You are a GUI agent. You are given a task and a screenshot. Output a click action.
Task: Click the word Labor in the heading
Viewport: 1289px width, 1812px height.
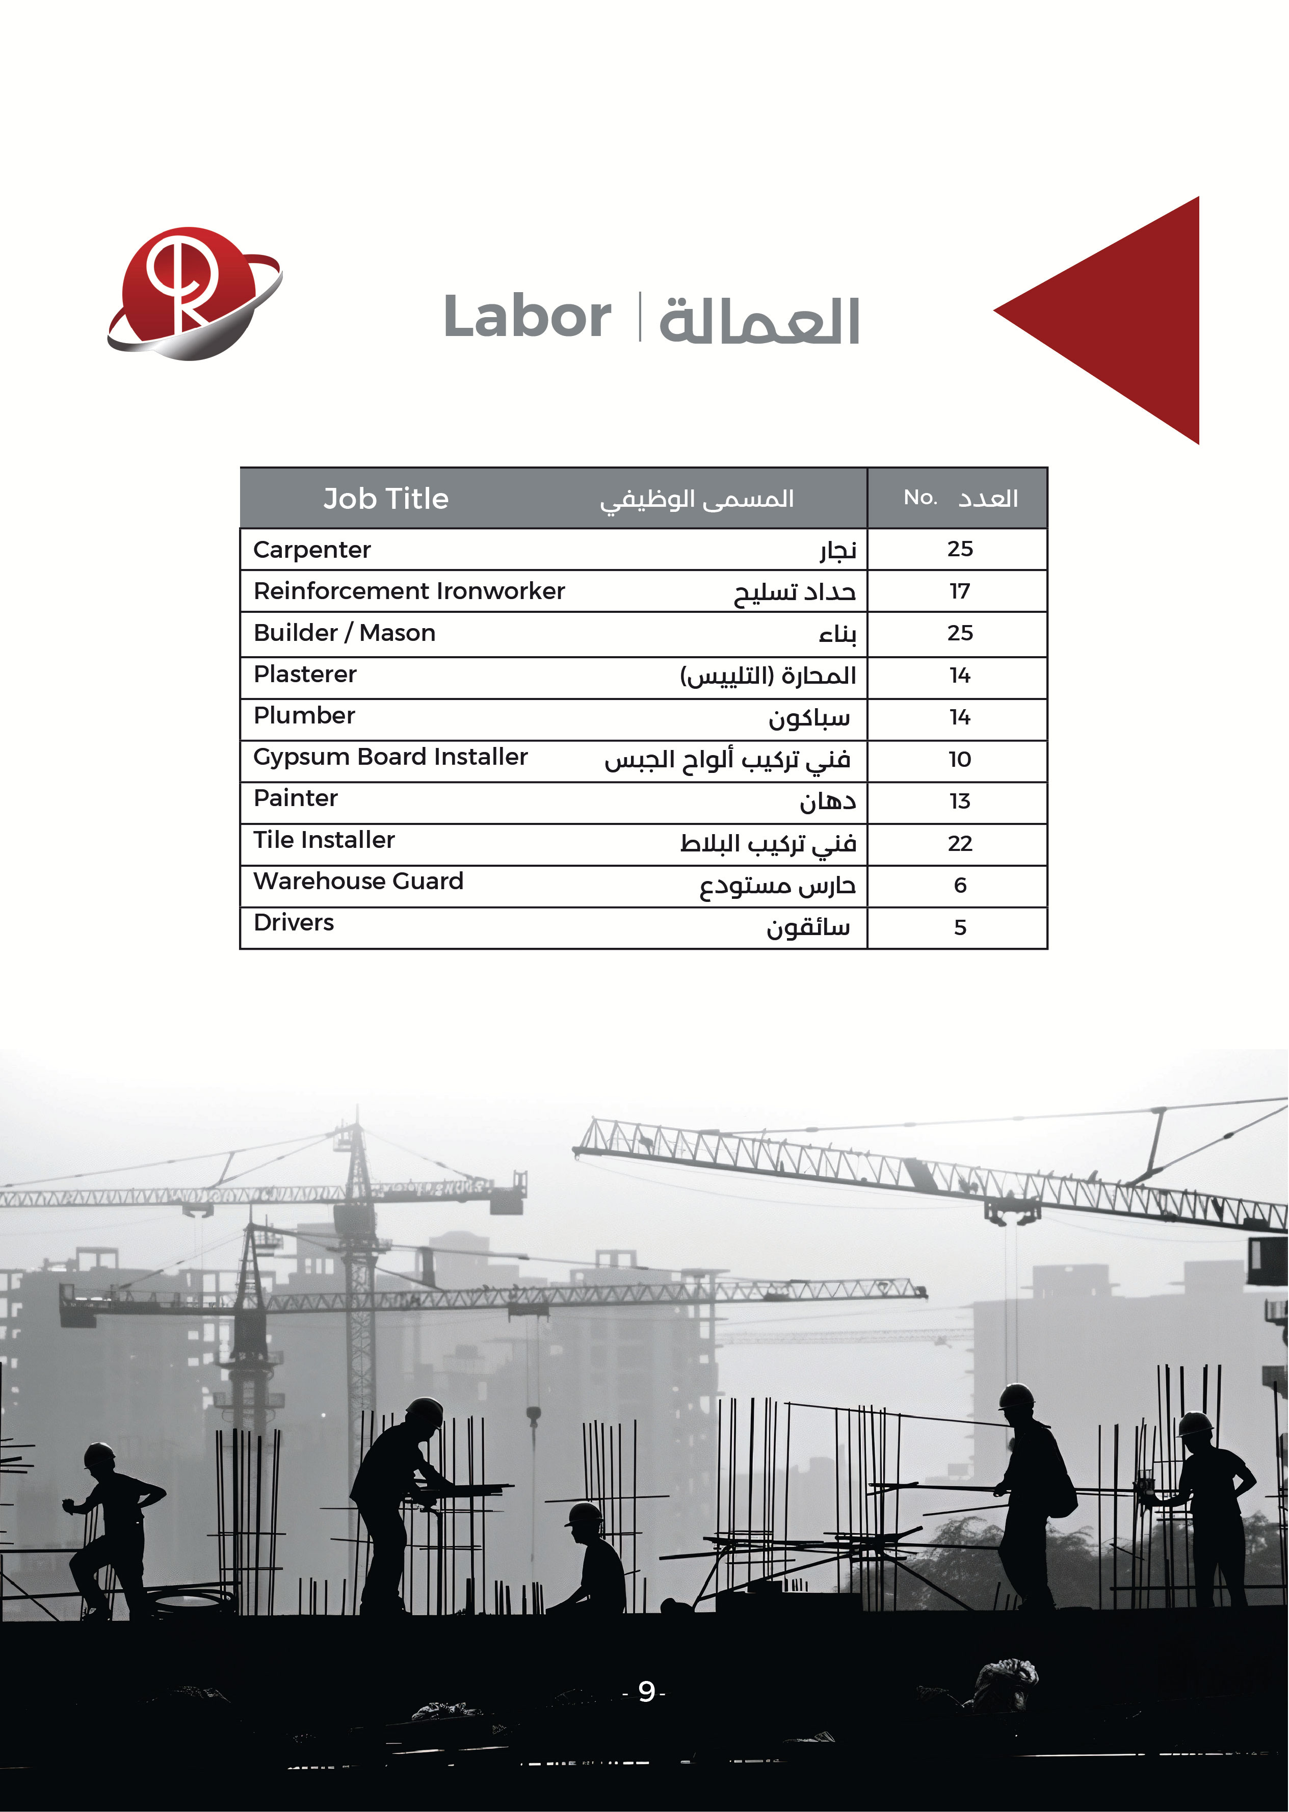(527, 317)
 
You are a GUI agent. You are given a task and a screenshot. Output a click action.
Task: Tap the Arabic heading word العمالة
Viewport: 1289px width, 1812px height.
(759, 321)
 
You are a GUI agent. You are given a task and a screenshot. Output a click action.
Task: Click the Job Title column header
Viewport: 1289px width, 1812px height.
(386, 499)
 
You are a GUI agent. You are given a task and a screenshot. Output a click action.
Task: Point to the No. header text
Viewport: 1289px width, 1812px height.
(920, 498)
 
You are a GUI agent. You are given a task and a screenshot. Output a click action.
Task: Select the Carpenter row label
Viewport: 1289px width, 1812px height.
(312, 550)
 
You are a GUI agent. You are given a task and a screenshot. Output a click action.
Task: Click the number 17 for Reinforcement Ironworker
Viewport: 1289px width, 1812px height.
(960, 591)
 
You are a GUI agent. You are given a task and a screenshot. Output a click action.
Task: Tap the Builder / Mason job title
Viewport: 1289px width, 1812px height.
(345, 633)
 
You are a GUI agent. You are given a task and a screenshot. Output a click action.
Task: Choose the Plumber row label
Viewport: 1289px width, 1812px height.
(304, 715)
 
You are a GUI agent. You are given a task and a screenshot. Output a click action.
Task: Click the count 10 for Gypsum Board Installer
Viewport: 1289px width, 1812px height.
(960, 760)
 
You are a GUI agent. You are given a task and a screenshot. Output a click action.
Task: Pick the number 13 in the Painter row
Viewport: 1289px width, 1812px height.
(960, 801)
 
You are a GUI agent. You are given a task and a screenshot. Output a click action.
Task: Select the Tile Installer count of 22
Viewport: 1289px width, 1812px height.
(960, 843)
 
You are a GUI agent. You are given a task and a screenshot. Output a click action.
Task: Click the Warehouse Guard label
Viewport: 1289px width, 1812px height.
(358, 882)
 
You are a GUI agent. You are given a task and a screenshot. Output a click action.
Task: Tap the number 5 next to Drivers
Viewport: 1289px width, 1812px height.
(960, 927)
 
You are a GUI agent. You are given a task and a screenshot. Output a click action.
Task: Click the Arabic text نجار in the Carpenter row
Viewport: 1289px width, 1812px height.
(838, 550)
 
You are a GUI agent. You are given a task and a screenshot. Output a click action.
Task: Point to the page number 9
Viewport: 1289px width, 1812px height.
(646, 1692)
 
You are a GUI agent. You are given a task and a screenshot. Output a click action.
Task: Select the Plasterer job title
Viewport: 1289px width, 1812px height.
(305, 674)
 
